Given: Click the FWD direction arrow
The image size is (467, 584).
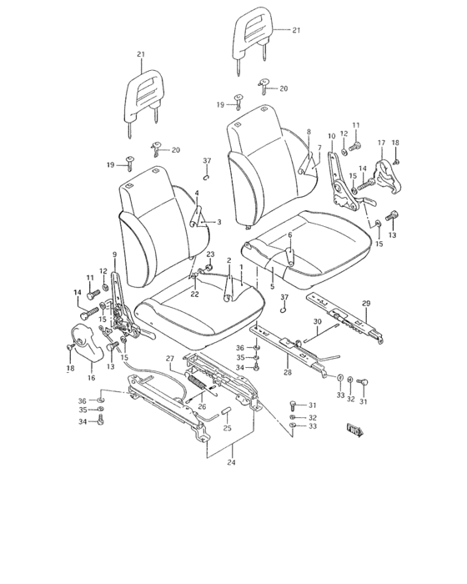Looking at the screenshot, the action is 355,430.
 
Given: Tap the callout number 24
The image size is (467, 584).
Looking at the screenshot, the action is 232,462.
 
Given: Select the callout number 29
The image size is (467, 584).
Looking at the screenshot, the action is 366,304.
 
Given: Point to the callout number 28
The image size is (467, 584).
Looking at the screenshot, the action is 288,372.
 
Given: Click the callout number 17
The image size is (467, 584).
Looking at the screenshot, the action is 381,143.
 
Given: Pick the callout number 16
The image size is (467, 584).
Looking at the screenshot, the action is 92,378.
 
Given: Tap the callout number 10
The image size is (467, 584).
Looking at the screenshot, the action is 331,136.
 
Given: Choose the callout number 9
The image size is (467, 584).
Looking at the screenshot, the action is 115,254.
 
